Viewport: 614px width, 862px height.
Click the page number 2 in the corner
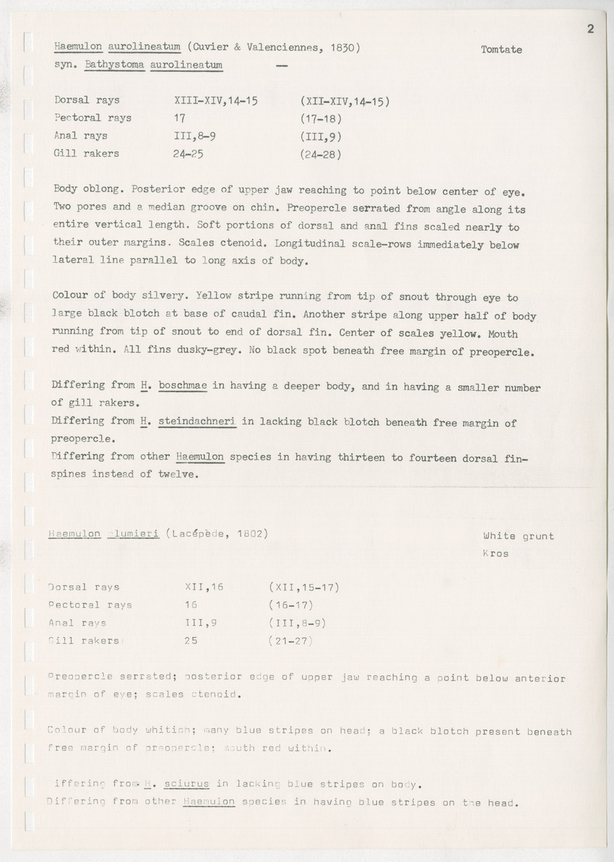590,29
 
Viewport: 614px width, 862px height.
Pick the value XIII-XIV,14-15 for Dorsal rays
216,100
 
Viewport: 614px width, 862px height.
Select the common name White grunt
517,536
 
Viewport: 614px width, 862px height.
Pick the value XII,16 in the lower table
205,587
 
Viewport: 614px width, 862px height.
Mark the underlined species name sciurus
185,784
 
